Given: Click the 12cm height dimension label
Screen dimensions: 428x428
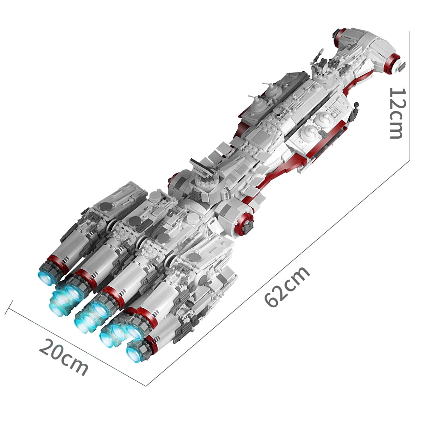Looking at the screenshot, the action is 397,113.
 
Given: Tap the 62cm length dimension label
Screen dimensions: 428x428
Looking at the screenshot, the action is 287,287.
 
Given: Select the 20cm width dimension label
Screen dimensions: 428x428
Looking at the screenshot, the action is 64,357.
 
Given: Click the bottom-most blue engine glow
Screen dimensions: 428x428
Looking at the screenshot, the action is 134,354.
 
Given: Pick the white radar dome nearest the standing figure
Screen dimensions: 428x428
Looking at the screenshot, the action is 324,119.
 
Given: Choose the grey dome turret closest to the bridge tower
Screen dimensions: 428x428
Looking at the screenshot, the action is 272,88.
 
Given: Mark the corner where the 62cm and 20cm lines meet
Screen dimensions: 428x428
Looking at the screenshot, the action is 146,386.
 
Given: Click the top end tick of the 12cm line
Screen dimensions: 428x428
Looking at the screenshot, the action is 410,31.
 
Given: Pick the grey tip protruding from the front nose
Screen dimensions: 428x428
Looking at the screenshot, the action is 401,66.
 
